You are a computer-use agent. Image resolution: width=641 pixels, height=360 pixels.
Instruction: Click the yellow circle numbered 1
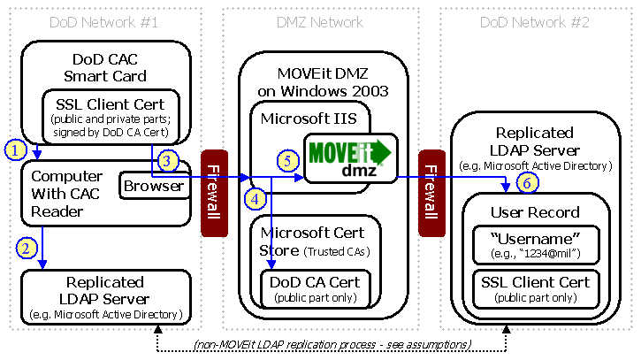click(14, 148)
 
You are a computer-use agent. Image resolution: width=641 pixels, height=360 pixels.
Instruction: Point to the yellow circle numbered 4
click(256, 198)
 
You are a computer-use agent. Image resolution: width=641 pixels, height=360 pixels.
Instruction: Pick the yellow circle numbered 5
click(287, 161)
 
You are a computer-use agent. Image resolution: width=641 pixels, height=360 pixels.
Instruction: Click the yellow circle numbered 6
click(526, 184)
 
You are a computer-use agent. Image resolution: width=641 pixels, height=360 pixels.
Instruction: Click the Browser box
click(153, 186)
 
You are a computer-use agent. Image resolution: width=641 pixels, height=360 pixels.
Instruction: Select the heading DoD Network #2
click(535, 21)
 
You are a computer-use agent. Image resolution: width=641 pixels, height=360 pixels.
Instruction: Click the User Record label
click(535, 211)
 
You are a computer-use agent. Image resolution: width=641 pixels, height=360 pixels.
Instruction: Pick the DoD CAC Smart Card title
click(104, 66)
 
